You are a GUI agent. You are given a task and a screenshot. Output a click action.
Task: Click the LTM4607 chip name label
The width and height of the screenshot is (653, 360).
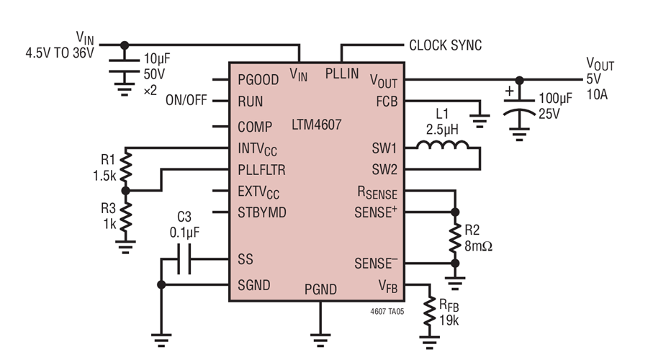click(318, 125)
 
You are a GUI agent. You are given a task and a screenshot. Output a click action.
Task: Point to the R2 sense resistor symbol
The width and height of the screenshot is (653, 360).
click(454, 238)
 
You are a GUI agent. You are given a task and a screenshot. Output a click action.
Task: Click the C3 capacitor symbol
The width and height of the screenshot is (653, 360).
click(184, 260)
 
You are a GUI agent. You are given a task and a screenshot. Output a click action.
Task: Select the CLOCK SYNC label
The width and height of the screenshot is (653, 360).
click(445, 45)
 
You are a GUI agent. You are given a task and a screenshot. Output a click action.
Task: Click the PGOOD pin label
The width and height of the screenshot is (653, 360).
click(259, 79)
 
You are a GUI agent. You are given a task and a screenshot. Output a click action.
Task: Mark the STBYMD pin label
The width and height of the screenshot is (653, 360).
click(262, 212)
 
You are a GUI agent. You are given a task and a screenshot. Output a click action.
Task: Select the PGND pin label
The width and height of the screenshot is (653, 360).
click(320, 289)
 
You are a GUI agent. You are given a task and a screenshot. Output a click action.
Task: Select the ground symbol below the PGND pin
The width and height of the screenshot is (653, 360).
click(318, 336)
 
